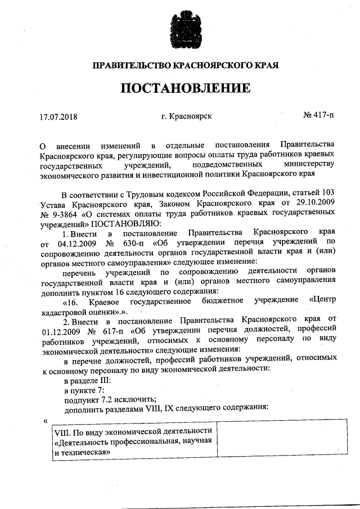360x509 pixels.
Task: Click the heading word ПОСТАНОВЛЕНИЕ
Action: [x=184, y=89]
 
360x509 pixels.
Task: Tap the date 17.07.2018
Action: [x=58, y=118]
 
